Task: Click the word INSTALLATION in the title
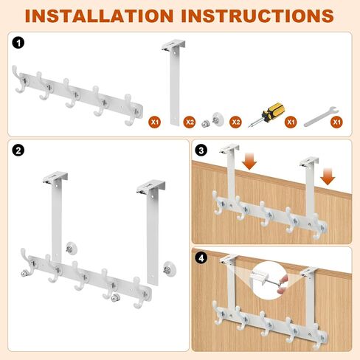coord(99,15)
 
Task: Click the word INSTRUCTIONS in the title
coord(257,15)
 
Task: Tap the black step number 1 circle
coord(18,44)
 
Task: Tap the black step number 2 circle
coord(18,150)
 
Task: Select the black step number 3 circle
coord(201,150)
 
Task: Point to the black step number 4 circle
coord(201,258)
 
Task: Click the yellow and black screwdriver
coord(266,114)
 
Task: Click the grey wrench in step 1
coord(321,117)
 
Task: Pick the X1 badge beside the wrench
coord(336,122)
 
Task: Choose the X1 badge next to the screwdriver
coord(291,122)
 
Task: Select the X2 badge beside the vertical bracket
coord(190,122)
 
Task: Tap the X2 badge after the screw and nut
coord(235,122)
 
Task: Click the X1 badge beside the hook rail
coord(155,122)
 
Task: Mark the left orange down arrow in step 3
coord(249,162)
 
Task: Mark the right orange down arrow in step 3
coord(328,176)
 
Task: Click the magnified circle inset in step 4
coord(270,281)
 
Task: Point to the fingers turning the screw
coord(283,284)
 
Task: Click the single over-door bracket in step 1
coord(174,83)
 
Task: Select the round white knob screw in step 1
coord(218,119)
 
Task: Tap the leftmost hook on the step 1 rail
coord(19,80)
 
